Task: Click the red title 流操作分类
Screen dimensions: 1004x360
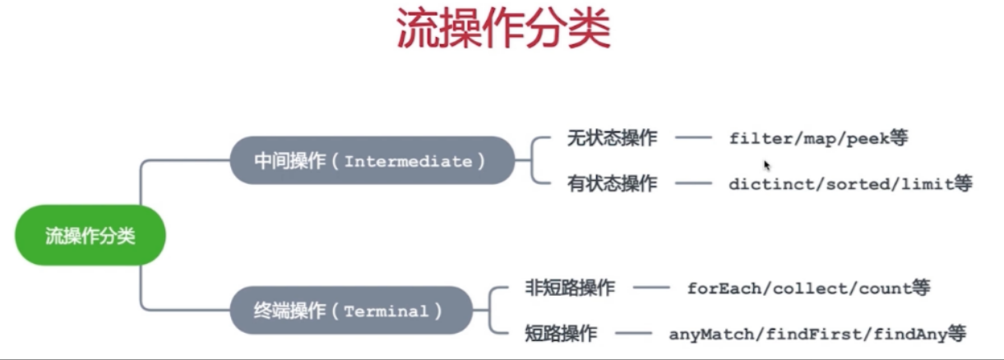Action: pos(503,30)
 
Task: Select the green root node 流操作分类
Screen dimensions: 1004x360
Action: pos(90,237)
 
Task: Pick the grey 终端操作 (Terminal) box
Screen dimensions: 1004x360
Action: pos(351,311)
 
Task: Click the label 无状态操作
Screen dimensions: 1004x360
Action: pos(612,138)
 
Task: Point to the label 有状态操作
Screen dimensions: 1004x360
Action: pos(612,183)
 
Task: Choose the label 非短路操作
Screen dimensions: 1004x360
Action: pos(570,288)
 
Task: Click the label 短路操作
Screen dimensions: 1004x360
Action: pos(561,334)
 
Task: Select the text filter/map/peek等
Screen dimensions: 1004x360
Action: pos(818,138)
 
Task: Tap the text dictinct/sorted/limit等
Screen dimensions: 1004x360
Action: pos(850,183)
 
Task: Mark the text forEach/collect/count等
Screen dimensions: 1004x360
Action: pos(808,288)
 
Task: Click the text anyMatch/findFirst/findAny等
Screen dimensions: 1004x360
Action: pos(817,334)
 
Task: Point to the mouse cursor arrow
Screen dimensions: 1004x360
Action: pos(766,164)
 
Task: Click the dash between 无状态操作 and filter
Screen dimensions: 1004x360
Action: pos(692,138)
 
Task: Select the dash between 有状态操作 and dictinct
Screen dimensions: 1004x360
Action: pos(692,183)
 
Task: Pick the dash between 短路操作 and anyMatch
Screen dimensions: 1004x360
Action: pos(633,334)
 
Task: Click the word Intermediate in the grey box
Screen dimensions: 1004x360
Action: pos(408,161)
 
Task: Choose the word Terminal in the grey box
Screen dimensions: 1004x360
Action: pos(386,312)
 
